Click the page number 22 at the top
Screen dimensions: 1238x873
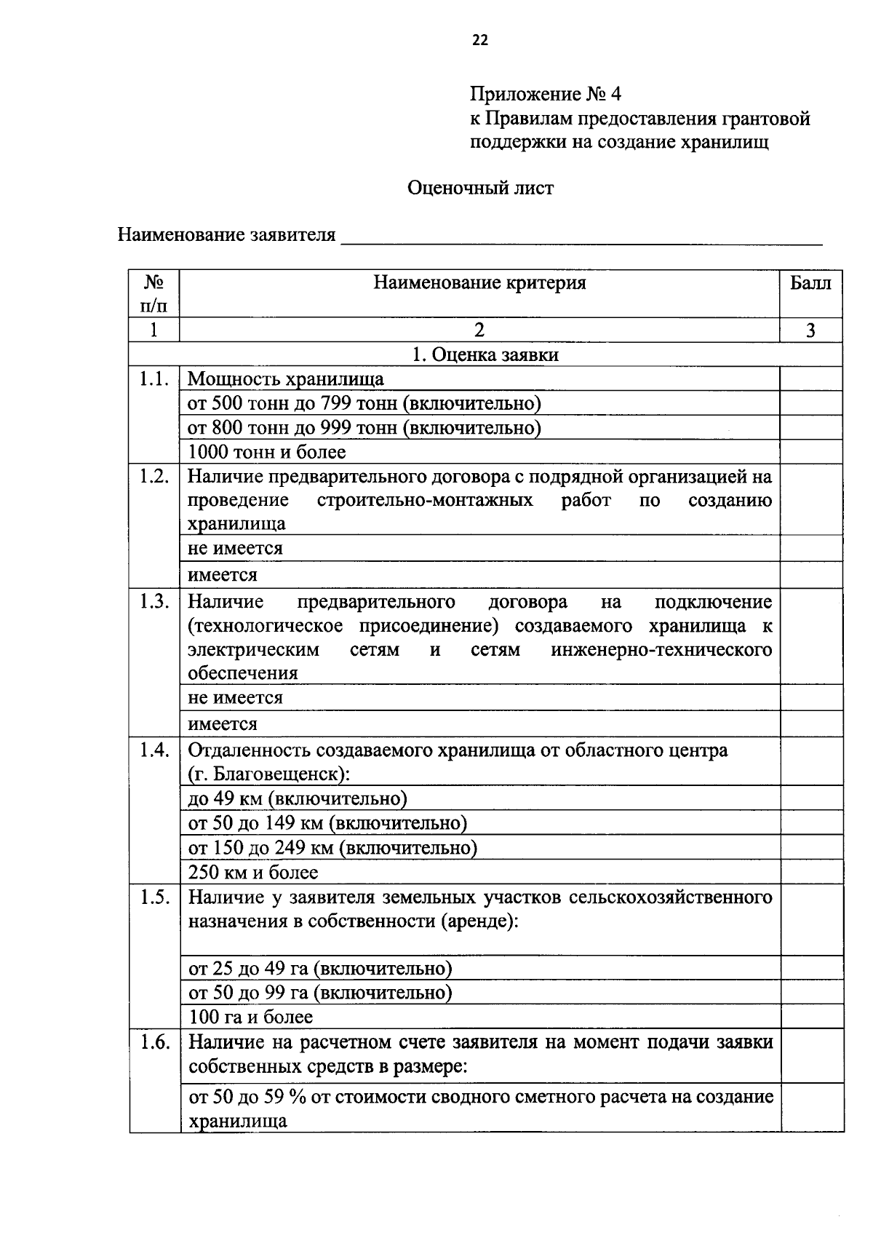[x=480, y=41]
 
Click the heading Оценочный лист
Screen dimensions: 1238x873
[x=480, y=189]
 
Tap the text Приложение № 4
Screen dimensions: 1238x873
[x=546, y=95]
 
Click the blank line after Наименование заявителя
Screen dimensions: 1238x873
[x=582, y=237]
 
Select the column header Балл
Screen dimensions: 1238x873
[x=810, y=283]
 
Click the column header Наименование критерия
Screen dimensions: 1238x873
[x=479, y=283]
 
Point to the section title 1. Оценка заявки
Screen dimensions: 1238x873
[x=485, y=354]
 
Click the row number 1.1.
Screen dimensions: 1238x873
[x=154, y=379]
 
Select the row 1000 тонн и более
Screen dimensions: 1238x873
[x=267, y=452]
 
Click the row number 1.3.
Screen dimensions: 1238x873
[x=154, y=602]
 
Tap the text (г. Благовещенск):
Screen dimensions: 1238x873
[x=268, y=774]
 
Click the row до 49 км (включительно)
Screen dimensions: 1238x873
[x=297, y=798]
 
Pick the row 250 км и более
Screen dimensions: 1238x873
[x=253, y=872]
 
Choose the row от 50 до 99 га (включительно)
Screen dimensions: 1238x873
[x=320, y=993]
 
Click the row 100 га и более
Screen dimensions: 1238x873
[x=250, y=1017]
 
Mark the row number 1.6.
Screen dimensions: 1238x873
[x=155, y=1042]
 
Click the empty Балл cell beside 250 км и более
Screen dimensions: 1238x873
[x=811, y=872]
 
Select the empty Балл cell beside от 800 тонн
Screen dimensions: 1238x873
[x=811, y=427]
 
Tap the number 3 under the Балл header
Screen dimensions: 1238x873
[x=810, y=330]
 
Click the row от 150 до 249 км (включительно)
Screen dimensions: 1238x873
[x=332, y=848]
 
